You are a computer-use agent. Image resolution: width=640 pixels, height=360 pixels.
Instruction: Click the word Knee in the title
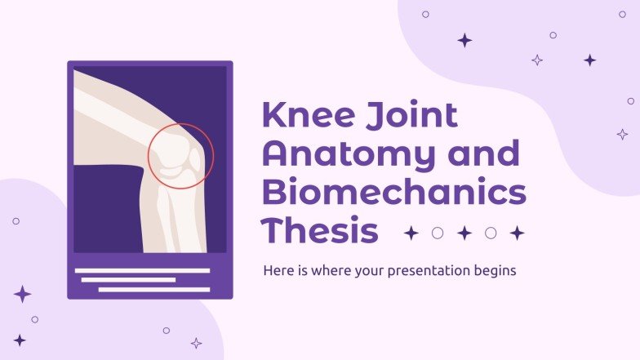301,117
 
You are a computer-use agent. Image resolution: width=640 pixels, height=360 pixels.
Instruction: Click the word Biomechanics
393,193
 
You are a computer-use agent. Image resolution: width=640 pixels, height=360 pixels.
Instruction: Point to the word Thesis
320,232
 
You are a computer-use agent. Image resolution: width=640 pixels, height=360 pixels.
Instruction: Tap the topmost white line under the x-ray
142,270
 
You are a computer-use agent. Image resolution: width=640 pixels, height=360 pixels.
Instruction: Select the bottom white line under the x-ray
154,289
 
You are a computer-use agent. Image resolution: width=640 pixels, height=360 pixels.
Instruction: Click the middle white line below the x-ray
129,279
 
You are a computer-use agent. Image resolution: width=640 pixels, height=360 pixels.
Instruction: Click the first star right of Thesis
411,233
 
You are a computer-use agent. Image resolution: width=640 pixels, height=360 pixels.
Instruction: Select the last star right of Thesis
517,233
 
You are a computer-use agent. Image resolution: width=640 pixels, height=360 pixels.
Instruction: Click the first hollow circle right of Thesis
438,233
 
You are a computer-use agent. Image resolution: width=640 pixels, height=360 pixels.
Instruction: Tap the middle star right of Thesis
464,233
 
